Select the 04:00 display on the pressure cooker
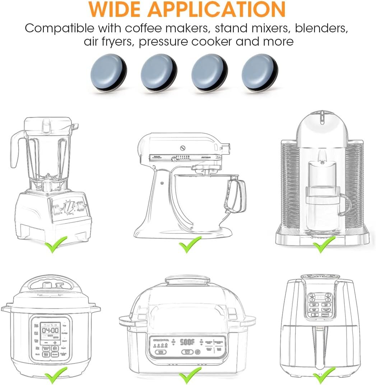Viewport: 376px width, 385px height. pyautogui.click(x=50, y=330)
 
